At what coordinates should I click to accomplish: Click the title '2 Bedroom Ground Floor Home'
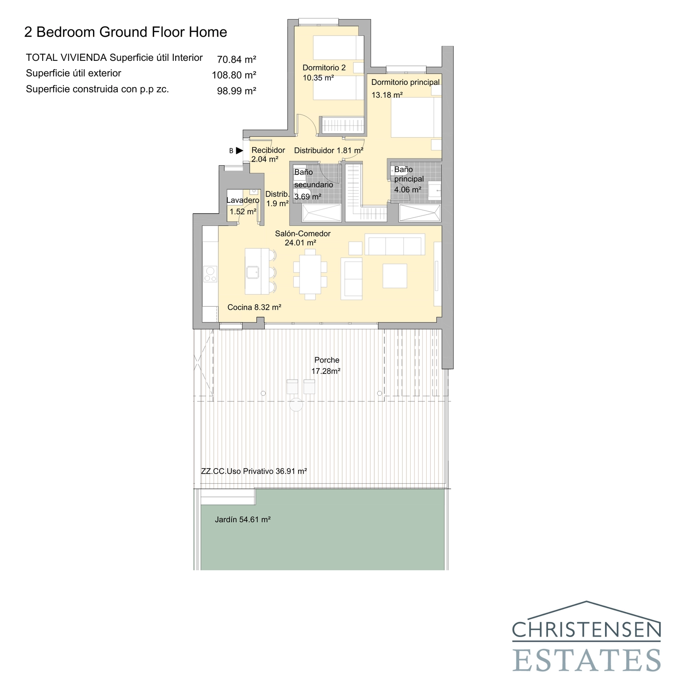click(x=125, y=32)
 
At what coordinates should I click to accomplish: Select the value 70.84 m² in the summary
click(x=236, y=59)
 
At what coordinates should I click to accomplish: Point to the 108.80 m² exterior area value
click(x=234, y=75)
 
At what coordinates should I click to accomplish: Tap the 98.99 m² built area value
click(x=236, y=91)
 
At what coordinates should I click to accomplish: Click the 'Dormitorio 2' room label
click(x=324, y=68)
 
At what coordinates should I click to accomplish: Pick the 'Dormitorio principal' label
click(x=405, y=82)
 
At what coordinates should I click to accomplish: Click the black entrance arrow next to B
click(x=240, y=150)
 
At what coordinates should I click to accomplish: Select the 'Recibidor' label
click(x=268, y=150)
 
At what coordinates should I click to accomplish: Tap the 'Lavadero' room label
click(x=243, y=200)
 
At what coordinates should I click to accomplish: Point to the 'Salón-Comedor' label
click(x=303, y=234)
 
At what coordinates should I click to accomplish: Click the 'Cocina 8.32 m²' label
click(x=254, y=308)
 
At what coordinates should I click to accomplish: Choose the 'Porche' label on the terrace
click(x=327, y=360)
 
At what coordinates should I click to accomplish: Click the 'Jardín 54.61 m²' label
click(x=243, y=520)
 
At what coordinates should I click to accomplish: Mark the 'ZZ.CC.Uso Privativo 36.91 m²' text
click(x=253, y=471)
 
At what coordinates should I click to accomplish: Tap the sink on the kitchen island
click(x=253, y=273)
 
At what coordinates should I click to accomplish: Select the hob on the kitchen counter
click(x=210, y=274)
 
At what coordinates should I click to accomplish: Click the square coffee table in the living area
click(x=395, y=276)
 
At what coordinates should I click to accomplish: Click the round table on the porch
click(x=296, y=405)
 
